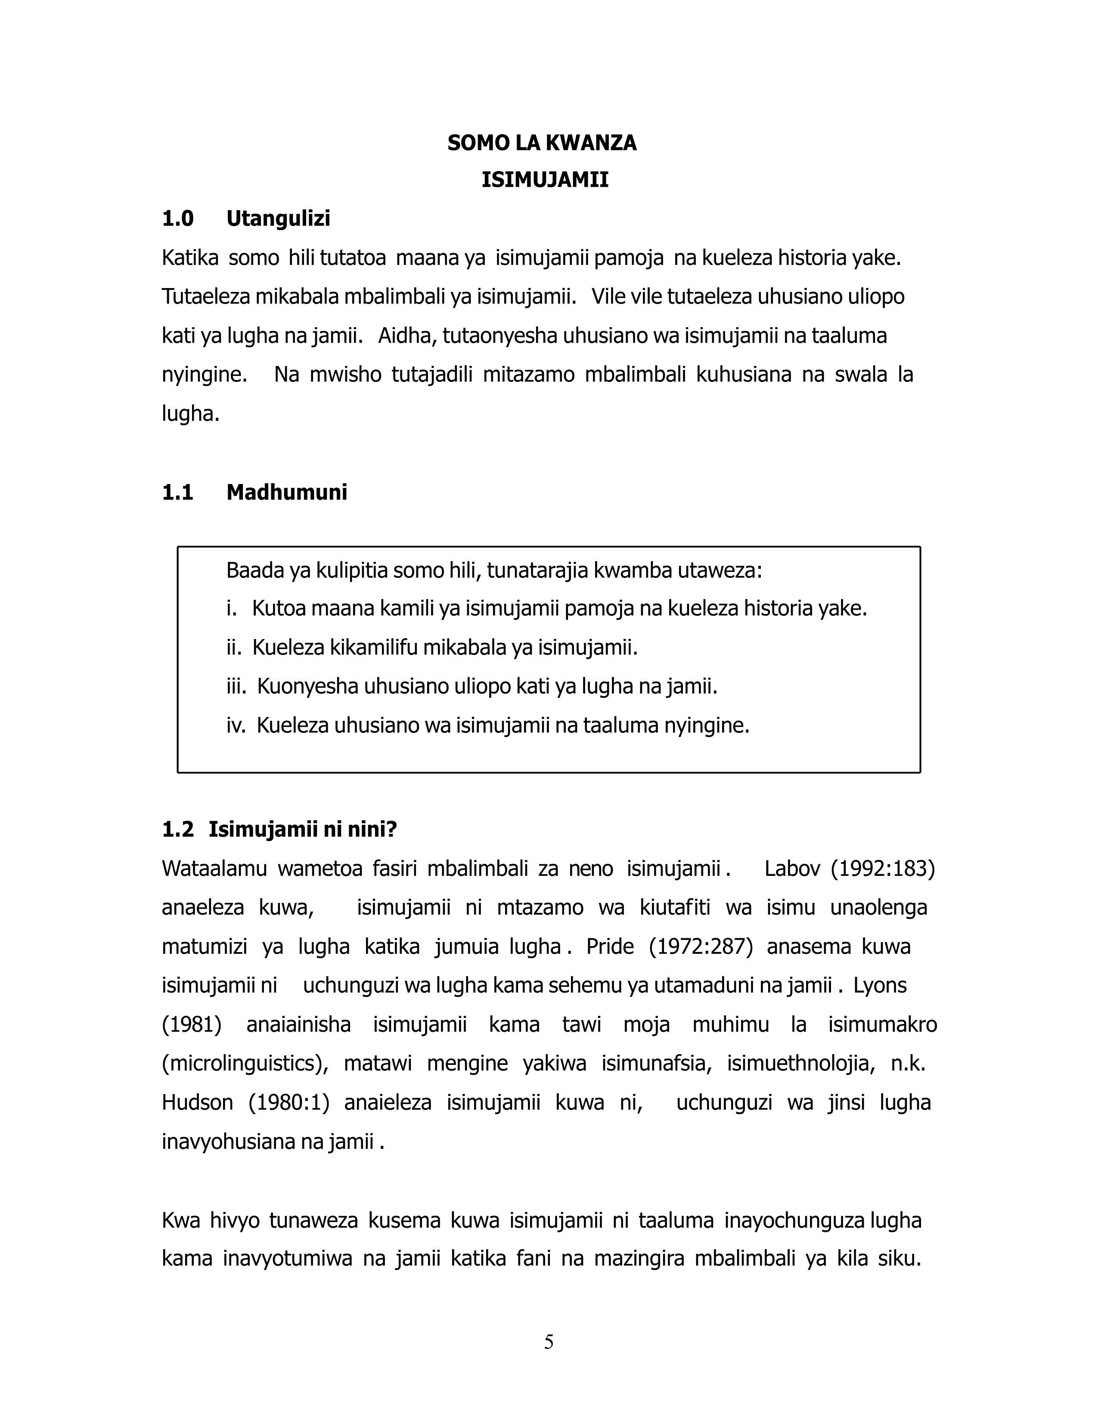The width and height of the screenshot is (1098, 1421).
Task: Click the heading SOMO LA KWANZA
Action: click(x=542, y=143)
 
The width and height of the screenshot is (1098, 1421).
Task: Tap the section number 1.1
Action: click(x=177, y=493)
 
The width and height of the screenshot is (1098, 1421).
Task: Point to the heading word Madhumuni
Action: click(x=286, y=493)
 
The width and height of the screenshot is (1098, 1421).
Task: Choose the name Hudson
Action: click(x=197, y=1103)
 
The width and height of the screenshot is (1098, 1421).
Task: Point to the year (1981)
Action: click(x=191, y=1025)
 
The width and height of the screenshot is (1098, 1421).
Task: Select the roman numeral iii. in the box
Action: click(x=236, y=686)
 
